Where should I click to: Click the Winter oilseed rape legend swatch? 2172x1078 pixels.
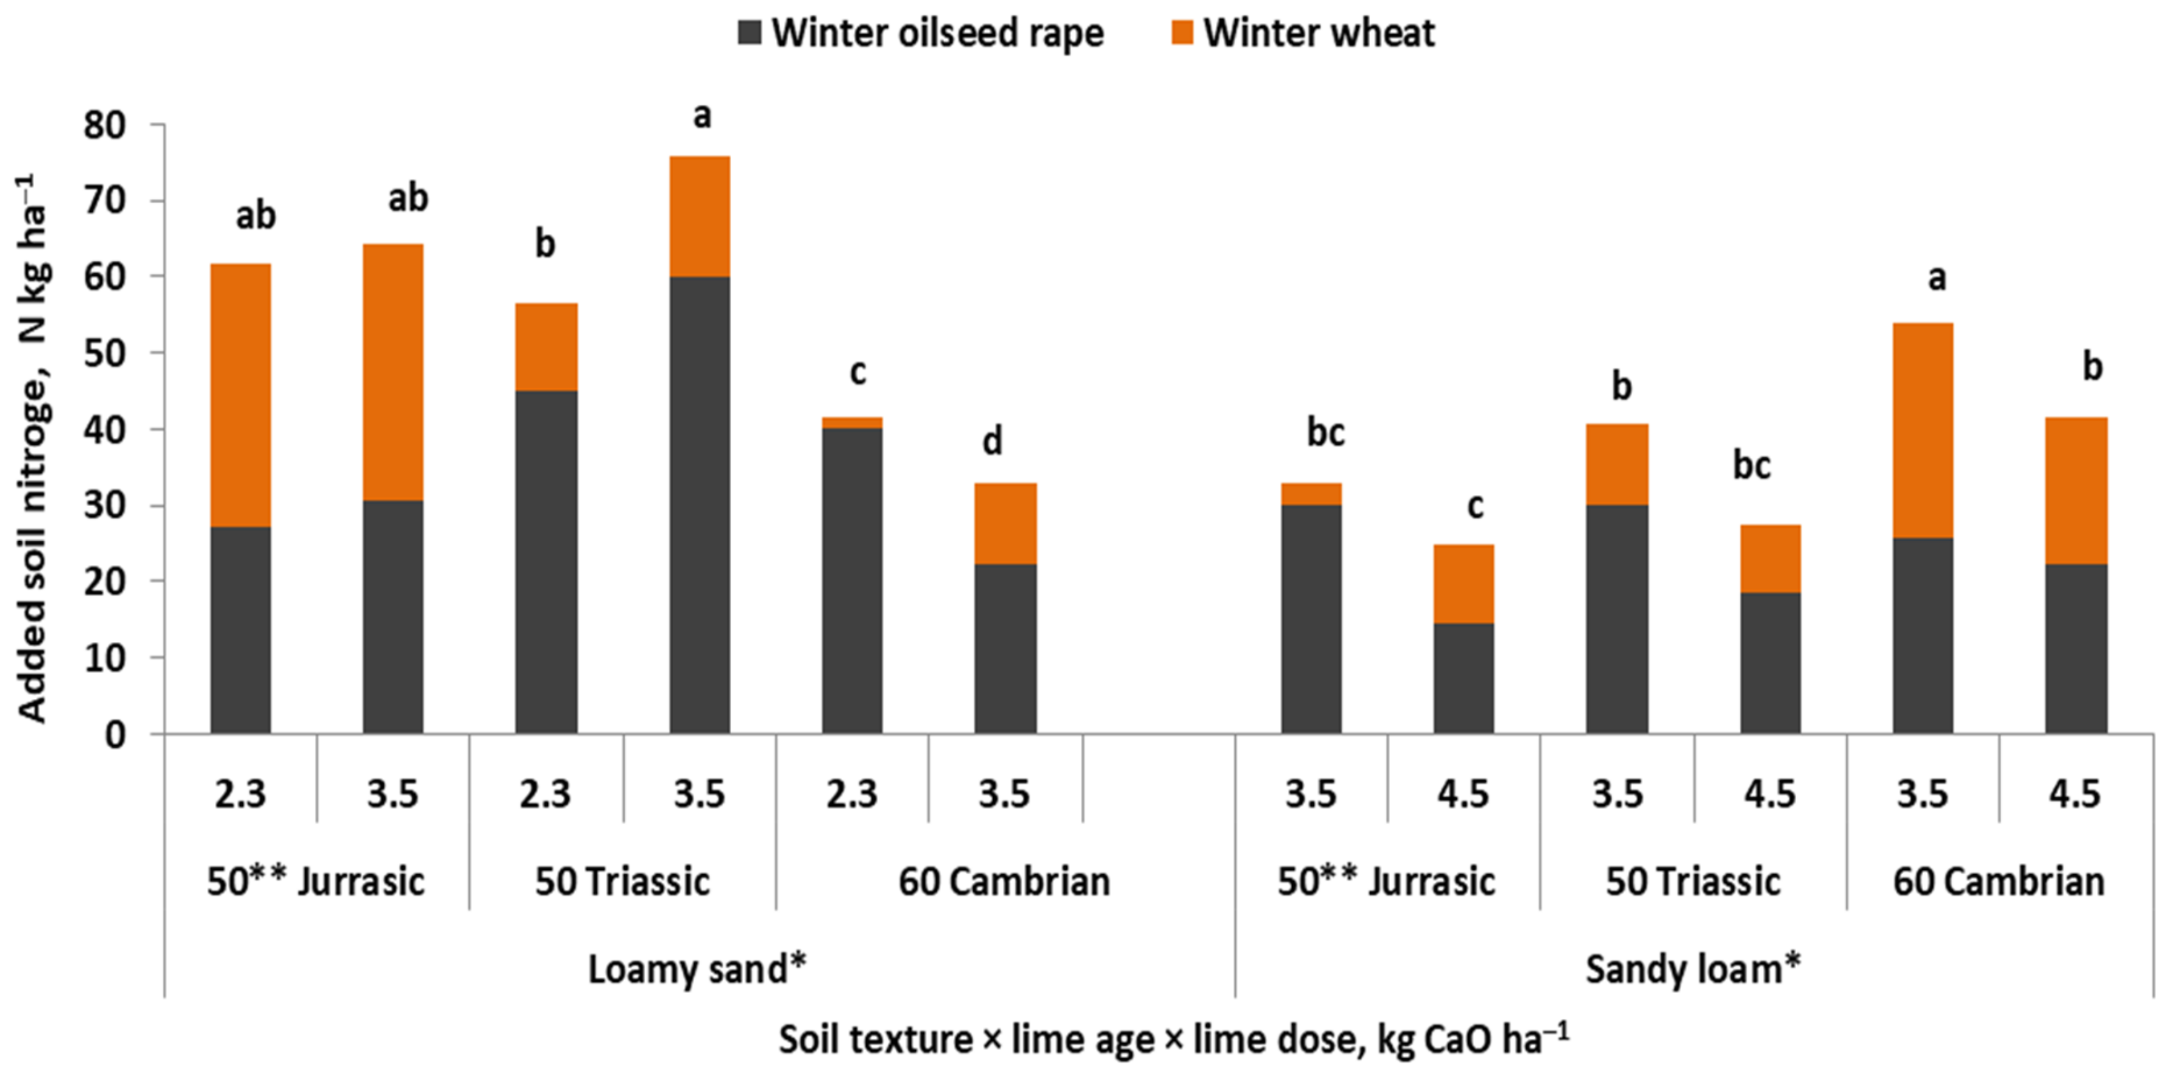(750, 33)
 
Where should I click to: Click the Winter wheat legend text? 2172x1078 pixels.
(1319, 33)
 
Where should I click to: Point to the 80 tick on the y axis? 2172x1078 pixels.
(104, 125)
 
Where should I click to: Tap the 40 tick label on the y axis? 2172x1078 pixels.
(104, 430)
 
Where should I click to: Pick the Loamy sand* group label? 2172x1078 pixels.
(697, 968)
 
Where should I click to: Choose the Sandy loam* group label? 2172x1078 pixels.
(1693, 968)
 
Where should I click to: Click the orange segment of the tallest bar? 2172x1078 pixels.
(700, 216)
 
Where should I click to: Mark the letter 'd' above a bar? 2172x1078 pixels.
(993, 441)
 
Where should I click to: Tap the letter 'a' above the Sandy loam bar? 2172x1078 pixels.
(1937, 278)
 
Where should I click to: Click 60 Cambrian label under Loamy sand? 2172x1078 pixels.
(1004, 882)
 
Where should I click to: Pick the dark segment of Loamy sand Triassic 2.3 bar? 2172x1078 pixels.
(546, 561)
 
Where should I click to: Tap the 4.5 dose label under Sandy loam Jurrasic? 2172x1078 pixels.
(1463, 794)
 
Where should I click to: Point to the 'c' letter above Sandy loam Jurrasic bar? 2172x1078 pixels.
(1475, 506)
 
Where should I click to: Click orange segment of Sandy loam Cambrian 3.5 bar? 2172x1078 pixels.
(1922, 430)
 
